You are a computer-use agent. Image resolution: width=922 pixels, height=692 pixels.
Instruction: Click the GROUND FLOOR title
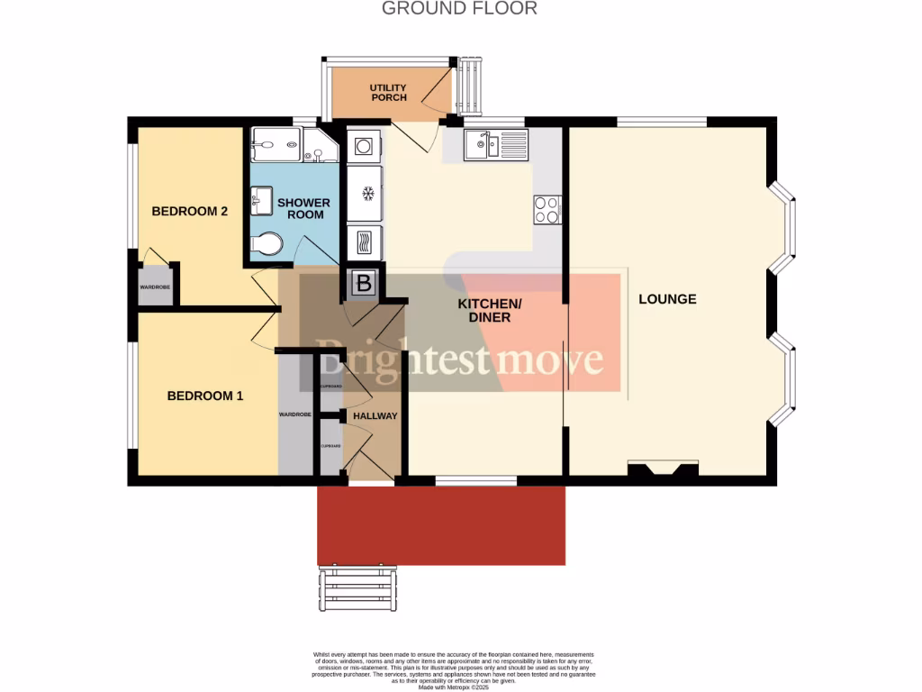click(459, 9)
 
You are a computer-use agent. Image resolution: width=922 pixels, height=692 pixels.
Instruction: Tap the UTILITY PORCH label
click(388, 93)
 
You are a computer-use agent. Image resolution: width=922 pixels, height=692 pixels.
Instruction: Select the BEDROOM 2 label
click(189, 212)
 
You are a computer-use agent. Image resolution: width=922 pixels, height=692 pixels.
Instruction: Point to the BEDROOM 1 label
click(205, 396)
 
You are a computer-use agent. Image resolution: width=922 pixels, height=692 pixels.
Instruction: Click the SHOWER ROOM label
click(303, 209)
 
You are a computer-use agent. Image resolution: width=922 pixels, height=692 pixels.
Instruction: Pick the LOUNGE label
click(667, 299)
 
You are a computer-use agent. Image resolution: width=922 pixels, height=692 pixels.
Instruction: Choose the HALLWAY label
click(375, 416)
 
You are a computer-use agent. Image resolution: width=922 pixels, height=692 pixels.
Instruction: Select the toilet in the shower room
click(267, 244)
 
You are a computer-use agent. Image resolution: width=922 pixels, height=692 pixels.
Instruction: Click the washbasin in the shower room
click(261, 200)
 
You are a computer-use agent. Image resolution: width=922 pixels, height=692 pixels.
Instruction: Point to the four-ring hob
click(547, 209)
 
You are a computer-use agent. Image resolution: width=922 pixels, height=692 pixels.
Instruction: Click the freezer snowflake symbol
click(366, 193)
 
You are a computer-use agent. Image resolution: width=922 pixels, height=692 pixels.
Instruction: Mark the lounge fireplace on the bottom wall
click(663, 469)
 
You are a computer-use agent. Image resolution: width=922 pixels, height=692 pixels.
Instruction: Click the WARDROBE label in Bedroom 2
click(155, 287)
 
